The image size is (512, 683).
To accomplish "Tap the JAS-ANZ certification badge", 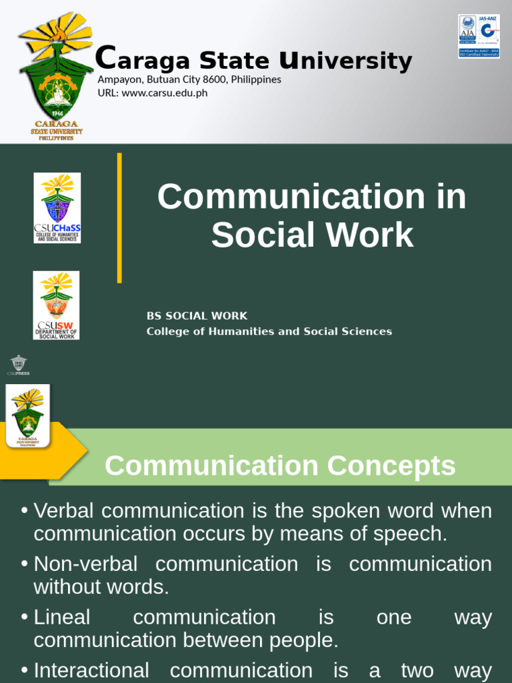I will coord(479,36).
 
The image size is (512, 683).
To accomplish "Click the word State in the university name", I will coord(235,61).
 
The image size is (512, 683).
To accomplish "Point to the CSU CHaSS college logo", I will coord(57,207).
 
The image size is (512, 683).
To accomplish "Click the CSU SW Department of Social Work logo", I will coord(57,305).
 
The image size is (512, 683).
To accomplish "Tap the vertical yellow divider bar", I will coord(119,217).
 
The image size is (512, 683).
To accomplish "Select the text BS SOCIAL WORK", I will coord(197,316).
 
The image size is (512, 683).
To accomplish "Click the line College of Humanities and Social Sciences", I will coord(269,331).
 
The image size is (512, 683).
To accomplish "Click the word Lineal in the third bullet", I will coord(62,617).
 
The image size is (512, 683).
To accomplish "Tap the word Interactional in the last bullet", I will coord(91,670).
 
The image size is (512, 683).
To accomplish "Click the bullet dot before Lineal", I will coord(25,617).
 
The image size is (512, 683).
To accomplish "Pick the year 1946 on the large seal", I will coord(57,113).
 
